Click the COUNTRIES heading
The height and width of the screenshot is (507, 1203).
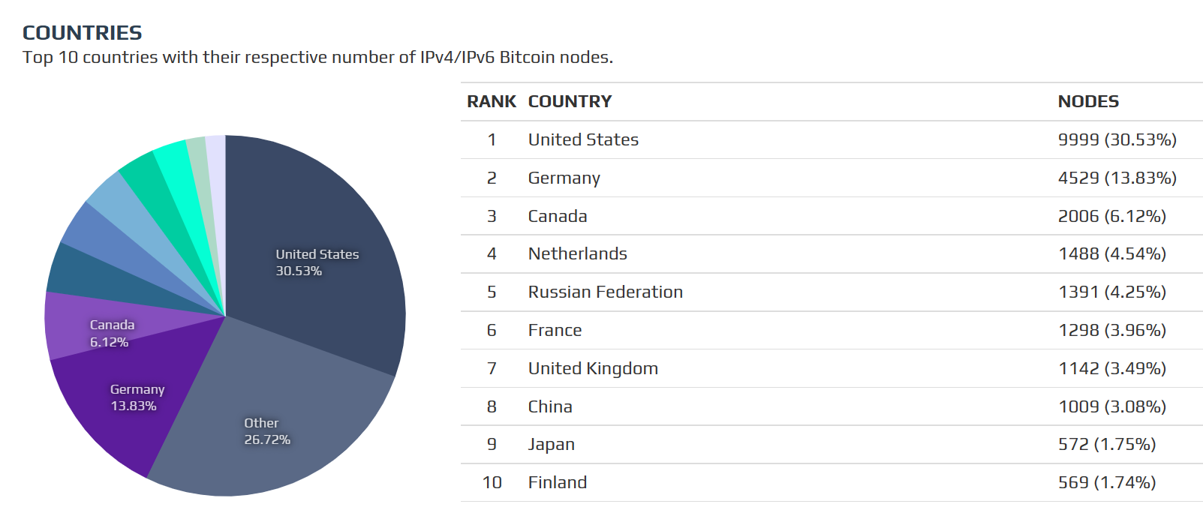coord(82,33)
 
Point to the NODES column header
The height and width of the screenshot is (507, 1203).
coord(1088,101)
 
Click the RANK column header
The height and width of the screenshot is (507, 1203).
coord(492,101)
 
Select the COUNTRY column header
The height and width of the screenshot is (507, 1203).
coord(570,101)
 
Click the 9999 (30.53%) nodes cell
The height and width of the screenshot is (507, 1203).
coord(1117,139)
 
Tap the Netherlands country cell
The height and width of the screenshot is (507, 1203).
coord(577,253)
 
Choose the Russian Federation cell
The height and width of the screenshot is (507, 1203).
coord(605,292)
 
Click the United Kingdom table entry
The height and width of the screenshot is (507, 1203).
coord(593,368)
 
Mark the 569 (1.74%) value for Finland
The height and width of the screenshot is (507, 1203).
coord(1106,482)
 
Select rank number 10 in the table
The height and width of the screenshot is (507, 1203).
coord(492,482)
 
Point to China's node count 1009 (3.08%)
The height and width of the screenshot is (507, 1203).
coord(1111,406)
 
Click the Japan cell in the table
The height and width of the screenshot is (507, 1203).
coord(551,444)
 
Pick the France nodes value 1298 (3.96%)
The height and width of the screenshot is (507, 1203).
coord(1111,330)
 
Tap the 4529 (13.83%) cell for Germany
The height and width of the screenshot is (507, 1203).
coord(1117,178)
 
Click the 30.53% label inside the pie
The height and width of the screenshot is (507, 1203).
coord(299,271)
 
